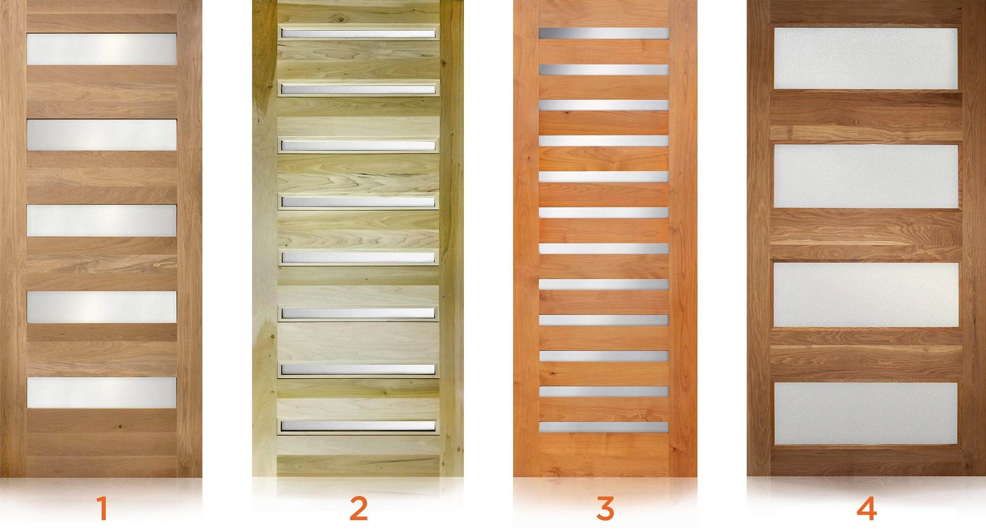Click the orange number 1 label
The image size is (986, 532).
click(x=102, y=508)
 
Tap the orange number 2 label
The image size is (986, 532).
click(x=358, y=508)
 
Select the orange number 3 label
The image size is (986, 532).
click(x=605, y=508)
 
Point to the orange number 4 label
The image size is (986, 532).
click(x=866, y=508)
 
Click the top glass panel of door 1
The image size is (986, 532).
click(x=102, y=49)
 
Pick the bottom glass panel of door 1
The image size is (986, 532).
click(x=102, y=392)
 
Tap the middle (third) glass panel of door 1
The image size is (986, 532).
click(x=102, y=221)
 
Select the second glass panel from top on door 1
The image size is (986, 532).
click(x=102, y=135)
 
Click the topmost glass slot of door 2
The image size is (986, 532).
click(x=358, y=34)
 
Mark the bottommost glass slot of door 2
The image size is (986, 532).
click(x=358, y=426)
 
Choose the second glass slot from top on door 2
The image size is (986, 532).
click(x=358, y=89)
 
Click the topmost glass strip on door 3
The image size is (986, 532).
click(x=604, y=33)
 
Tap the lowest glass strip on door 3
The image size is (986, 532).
click(x=604, y=427)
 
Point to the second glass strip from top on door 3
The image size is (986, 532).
click(x=604, y=70)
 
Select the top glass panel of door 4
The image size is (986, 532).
click(x=866, y=58)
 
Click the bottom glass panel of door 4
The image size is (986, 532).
click(x=866, y=414)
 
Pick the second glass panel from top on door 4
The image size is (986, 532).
click(x=866, y=177)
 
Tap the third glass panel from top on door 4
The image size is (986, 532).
click(x=866, y=295)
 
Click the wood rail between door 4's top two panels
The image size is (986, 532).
click(x=866, y=116)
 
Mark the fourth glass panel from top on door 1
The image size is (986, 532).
click(x=102, y=307)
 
